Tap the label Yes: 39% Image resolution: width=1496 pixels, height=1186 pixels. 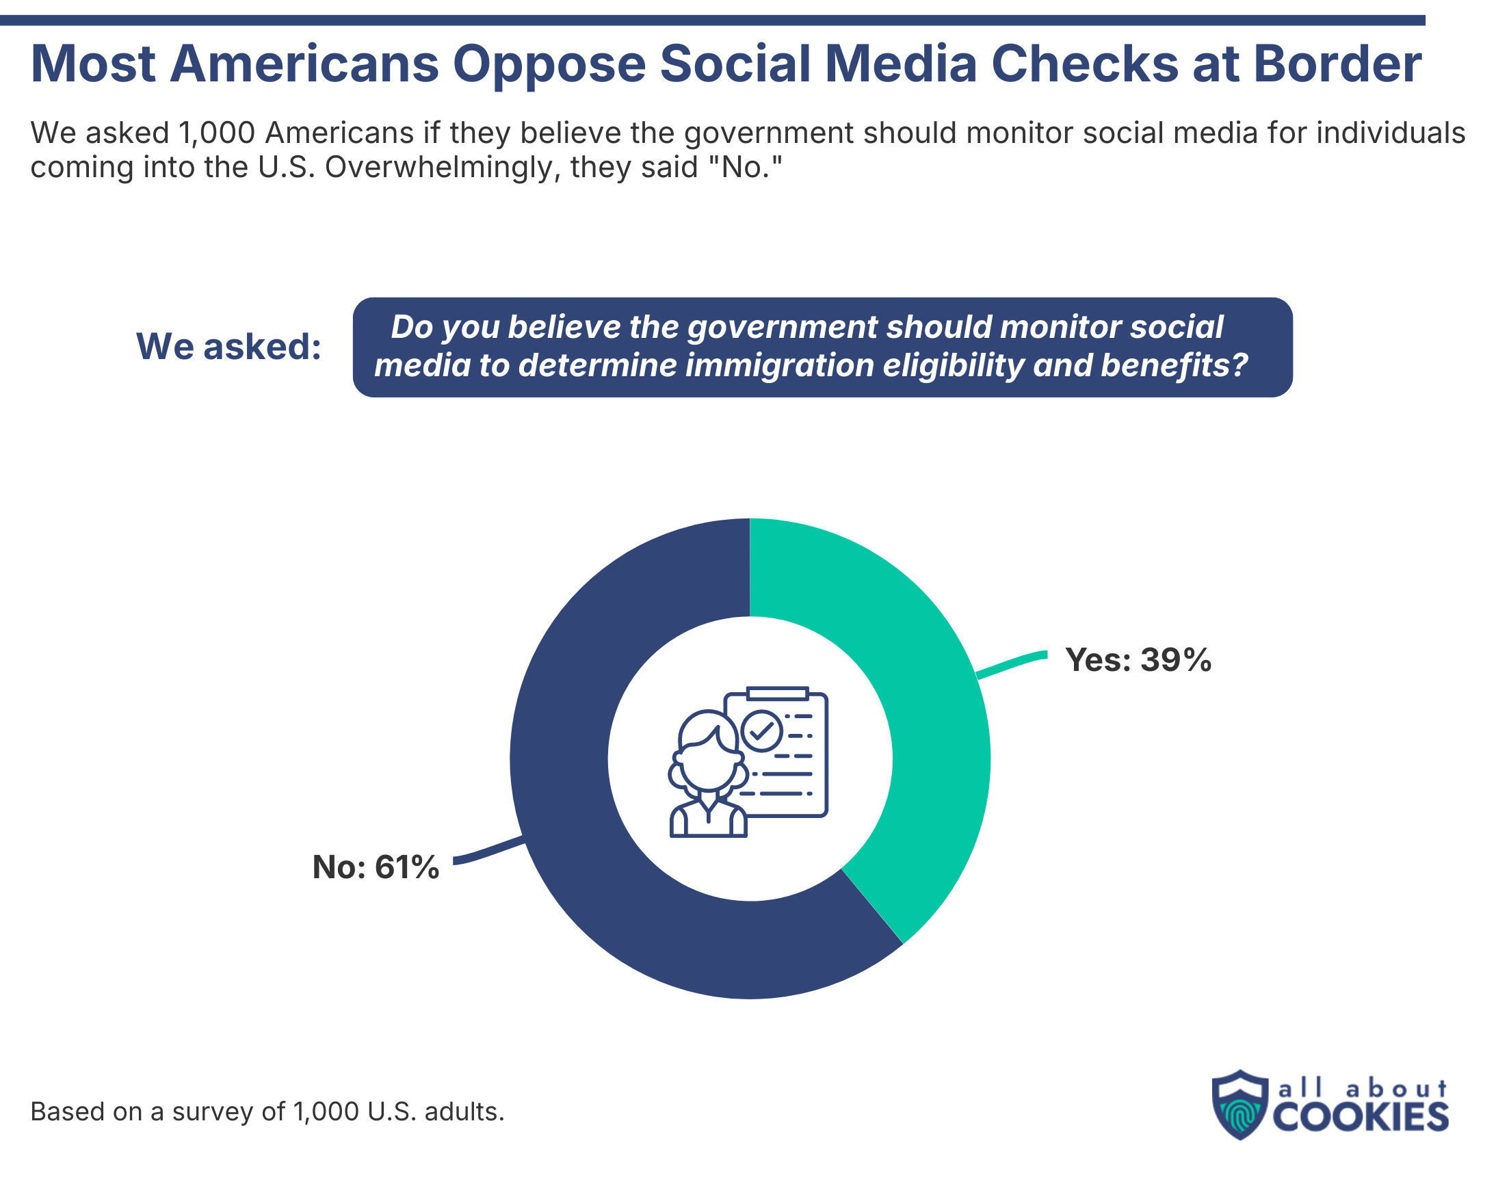tap(1138, 660)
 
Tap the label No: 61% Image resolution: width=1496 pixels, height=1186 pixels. tap(376, 867)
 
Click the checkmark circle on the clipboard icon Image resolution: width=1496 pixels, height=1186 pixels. tap(762, 730)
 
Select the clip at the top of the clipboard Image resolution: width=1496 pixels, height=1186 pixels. tap(778, 694)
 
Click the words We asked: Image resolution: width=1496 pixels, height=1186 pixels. tap(228, 346)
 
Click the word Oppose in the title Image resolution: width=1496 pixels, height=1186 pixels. tap(549, 64)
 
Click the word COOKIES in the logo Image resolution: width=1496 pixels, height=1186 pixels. tap(1359, 1117)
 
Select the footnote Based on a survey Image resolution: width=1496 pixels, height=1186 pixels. tap(267, 1111)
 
